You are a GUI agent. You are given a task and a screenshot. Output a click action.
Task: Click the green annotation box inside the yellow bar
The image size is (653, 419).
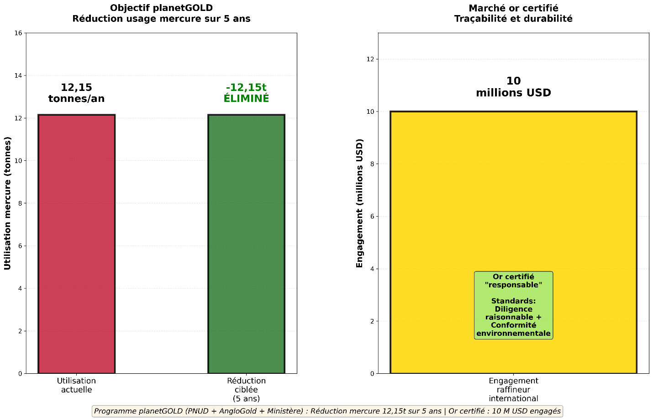[x=513, y=305]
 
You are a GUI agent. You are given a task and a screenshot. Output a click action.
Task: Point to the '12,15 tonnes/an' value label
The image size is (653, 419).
[x=76, y=93]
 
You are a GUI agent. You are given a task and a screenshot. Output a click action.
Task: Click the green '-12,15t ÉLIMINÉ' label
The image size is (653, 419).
[x=246, y=93]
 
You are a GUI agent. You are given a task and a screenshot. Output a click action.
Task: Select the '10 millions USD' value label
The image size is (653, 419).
[x=513, y=87]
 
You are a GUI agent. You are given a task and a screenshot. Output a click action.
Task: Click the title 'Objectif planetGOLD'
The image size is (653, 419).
[x=161, y=8]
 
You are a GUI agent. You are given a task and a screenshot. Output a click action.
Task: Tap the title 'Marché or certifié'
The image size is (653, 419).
[x=513, y=8]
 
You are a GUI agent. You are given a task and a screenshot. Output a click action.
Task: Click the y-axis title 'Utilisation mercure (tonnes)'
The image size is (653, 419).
[x=8, y=203]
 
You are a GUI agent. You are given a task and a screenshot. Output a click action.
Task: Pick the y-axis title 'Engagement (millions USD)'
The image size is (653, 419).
[x=359, y=203]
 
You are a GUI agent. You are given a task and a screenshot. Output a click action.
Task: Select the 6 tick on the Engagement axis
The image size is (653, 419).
[x=372, y=216]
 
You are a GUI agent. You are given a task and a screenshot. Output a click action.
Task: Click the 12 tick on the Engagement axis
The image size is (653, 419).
[x=370, y=59]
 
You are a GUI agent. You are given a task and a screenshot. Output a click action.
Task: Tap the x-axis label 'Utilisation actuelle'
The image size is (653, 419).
[x=76, y=385]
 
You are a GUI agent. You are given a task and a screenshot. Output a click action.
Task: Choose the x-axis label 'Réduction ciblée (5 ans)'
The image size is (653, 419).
[x=246, y=389]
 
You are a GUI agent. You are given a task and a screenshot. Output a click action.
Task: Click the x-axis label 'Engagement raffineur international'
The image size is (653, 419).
[x=513, y=389]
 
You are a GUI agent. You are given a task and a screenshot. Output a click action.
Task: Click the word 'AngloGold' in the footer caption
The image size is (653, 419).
[x=237, y=411]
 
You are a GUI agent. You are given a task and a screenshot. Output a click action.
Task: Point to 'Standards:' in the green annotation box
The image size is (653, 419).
[x=513, y=301]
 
